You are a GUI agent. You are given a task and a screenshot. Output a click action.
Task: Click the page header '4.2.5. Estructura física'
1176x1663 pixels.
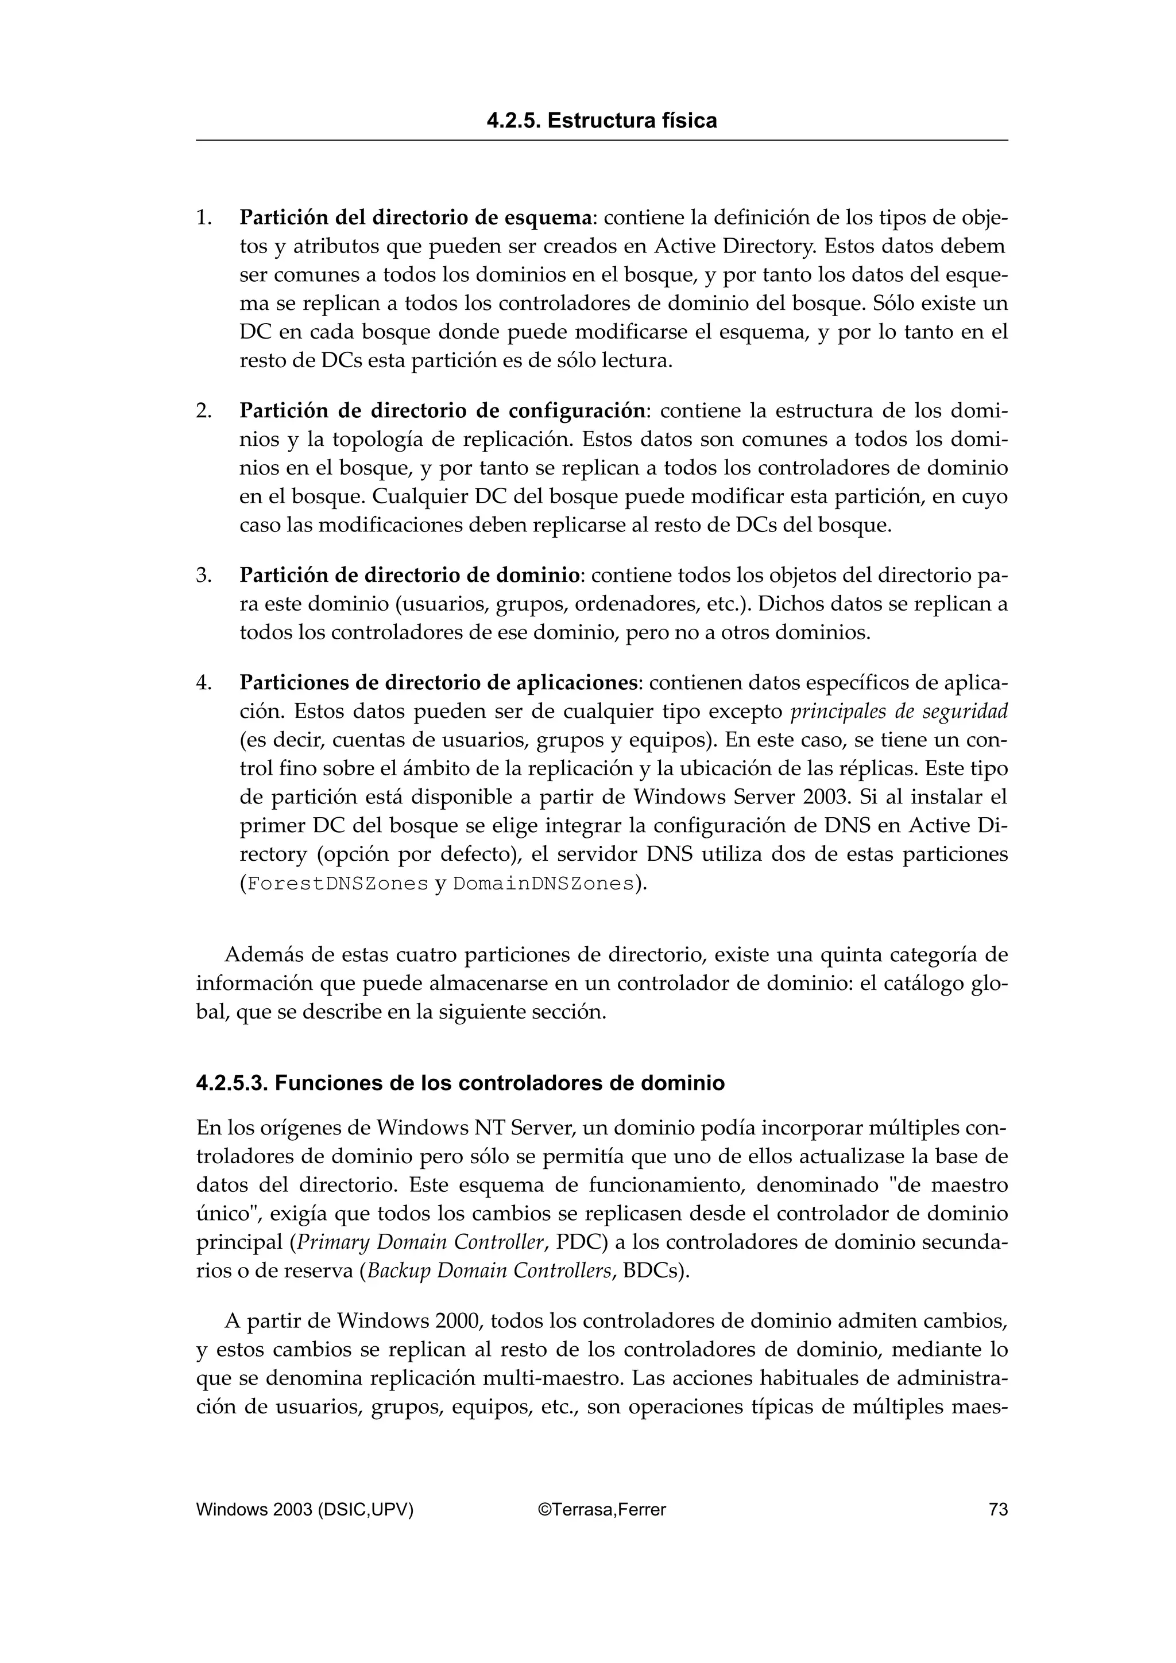(x=601, y=121)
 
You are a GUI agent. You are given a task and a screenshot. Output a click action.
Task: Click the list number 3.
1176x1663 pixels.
(x=204, y=575)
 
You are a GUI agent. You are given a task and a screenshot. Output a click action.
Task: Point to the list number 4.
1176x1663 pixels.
(x=204, y=682)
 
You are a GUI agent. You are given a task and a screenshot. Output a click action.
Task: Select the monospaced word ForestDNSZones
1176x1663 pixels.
(x=338, y=884)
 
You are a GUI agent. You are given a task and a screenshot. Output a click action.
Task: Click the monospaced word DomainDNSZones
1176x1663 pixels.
(x=543, y=884)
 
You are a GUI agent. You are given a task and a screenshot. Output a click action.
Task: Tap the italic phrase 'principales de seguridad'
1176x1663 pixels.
(x=899, y=711)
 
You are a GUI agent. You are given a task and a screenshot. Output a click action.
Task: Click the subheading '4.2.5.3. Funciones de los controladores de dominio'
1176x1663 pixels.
(x=460, y=1083)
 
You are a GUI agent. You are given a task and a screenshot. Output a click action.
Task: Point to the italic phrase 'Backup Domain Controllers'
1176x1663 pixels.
(x=490, y=1270)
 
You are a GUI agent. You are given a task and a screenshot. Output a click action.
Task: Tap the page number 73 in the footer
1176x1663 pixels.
(x=998, y=1509)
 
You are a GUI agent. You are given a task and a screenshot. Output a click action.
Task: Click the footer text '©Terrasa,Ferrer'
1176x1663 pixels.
(x=601, y=1509)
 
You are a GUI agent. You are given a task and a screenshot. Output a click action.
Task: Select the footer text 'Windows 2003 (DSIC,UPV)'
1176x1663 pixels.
(x=304, y=1509)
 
